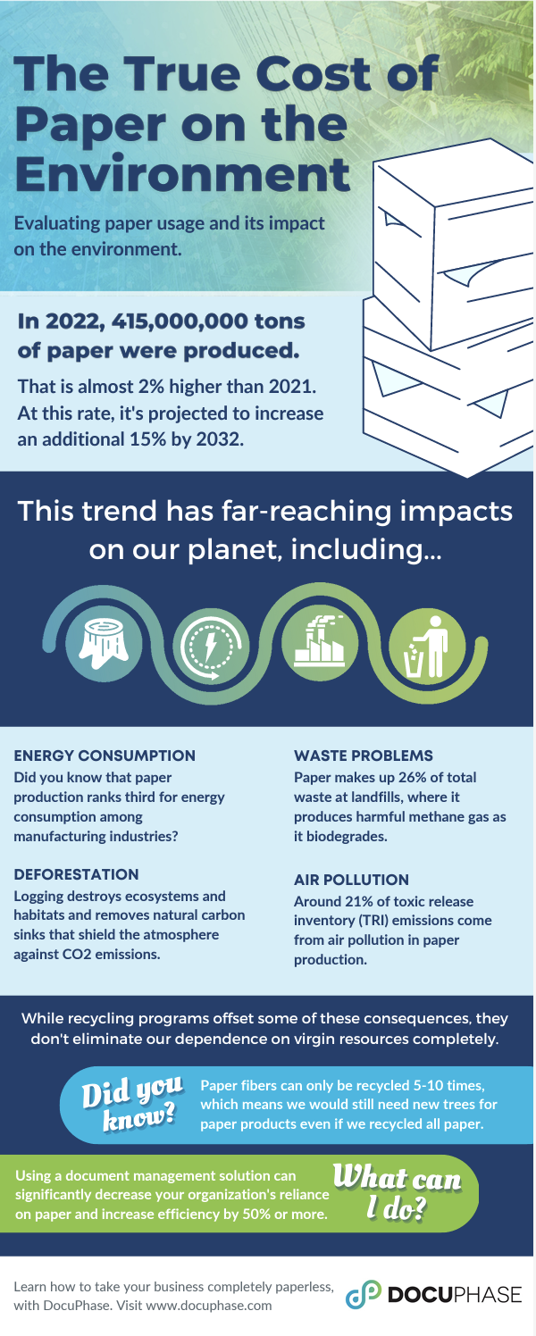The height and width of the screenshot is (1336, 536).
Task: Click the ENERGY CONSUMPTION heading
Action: (x=104, y=756)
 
